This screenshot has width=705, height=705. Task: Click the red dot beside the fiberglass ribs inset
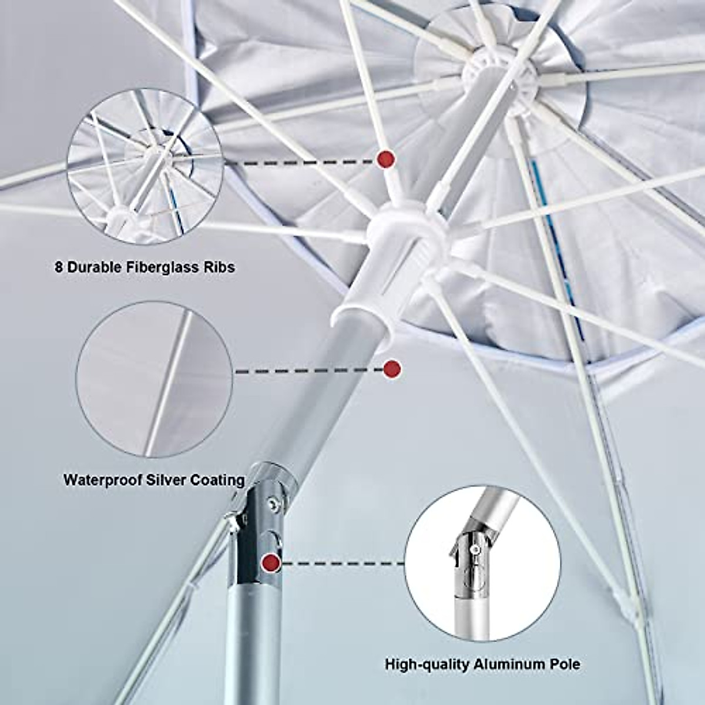click(x=386, y=159)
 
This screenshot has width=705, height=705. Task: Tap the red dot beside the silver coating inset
click(x=391, y=369)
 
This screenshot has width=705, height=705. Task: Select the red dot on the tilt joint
click(x=271, y=562)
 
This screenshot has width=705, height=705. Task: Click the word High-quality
click(x=422, y=664)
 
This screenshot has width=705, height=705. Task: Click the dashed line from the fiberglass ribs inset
click(x=300, y=160)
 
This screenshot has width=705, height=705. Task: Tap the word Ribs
click(x=216, y=267)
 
